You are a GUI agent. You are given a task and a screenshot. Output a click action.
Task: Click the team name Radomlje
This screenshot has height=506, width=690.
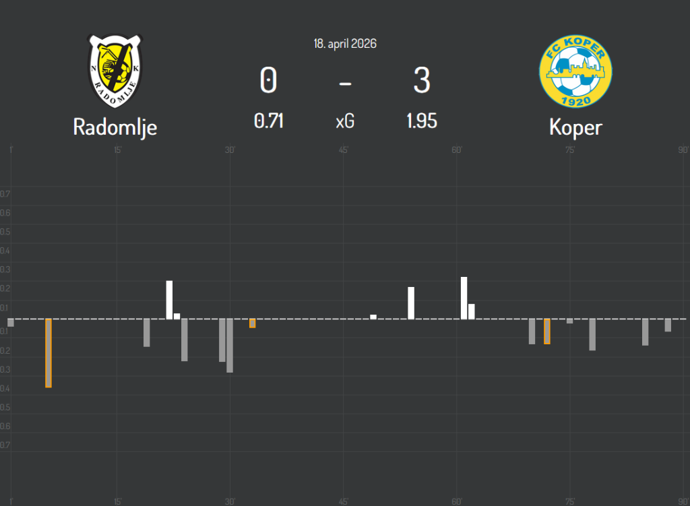click(x=115, y=127)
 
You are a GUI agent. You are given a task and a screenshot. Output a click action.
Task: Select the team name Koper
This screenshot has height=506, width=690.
click(x=575, y=127)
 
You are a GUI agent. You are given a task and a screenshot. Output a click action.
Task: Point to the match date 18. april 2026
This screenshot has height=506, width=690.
click(x=345, y=44)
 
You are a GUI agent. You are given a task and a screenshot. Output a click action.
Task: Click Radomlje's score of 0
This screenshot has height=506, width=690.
click(x=268, y=82)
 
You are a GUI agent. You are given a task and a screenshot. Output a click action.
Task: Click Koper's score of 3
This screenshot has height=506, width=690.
click(x=422, y=82)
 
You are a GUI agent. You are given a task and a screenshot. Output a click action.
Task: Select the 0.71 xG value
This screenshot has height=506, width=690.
click(x=268, y=121)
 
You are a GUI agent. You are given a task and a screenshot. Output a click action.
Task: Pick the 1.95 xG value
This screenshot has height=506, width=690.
click(x=422, y=121)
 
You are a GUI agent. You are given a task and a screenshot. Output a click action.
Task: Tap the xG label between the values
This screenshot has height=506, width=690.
click(x=345, y=122)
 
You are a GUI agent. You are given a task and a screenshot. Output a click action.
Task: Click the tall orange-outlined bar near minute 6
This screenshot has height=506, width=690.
click(x=49, y=353)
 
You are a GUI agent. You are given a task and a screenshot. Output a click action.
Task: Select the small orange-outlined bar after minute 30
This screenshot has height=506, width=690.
click(x=253, y=323)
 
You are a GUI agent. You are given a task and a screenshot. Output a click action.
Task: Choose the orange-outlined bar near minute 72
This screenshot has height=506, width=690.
click(x=547, y=331)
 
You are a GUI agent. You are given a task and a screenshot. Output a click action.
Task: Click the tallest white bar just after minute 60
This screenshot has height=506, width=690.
click(x=464, y=298)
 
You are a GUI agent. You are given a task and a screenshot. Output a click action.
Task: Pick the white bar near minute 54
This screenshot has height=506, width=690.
click(x=411, y=303)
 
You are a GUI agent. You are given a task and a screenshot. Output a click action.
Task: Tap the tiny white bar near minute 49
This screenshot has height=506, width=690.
click(x=373, y=317)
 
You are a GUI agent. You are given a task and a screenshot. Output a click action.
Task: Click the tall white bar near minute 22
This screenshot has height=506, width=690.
click(x=170, y=300)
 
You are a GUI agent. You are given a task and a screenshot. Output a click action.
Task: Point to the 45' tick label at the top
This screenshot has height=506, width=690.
click(x=343, y=150)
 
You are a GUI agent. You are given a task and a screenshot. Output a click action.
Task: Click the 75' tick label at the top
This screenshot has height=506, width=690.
click(x=570, y=150)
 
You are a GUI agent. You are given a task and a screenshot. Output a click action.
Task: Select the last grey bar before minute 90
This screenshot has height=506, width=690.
click(x=668, y=325)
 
